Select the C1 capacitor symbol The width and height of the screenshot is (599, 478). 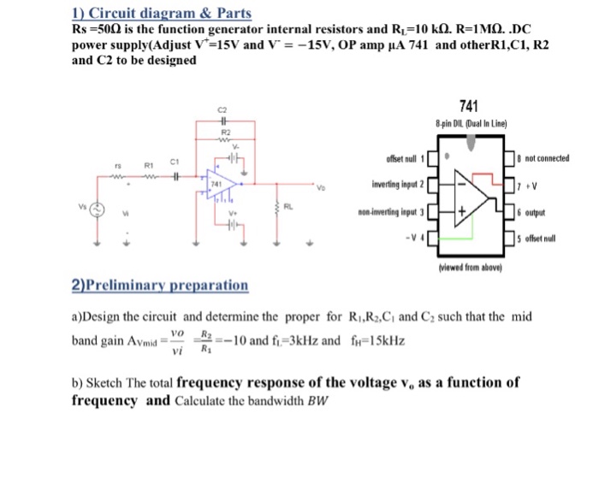pyautogui.click(x=173, y=177)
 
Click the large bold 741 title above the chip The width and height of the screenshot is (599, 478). pyautogui.click(x=468, y=106)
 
